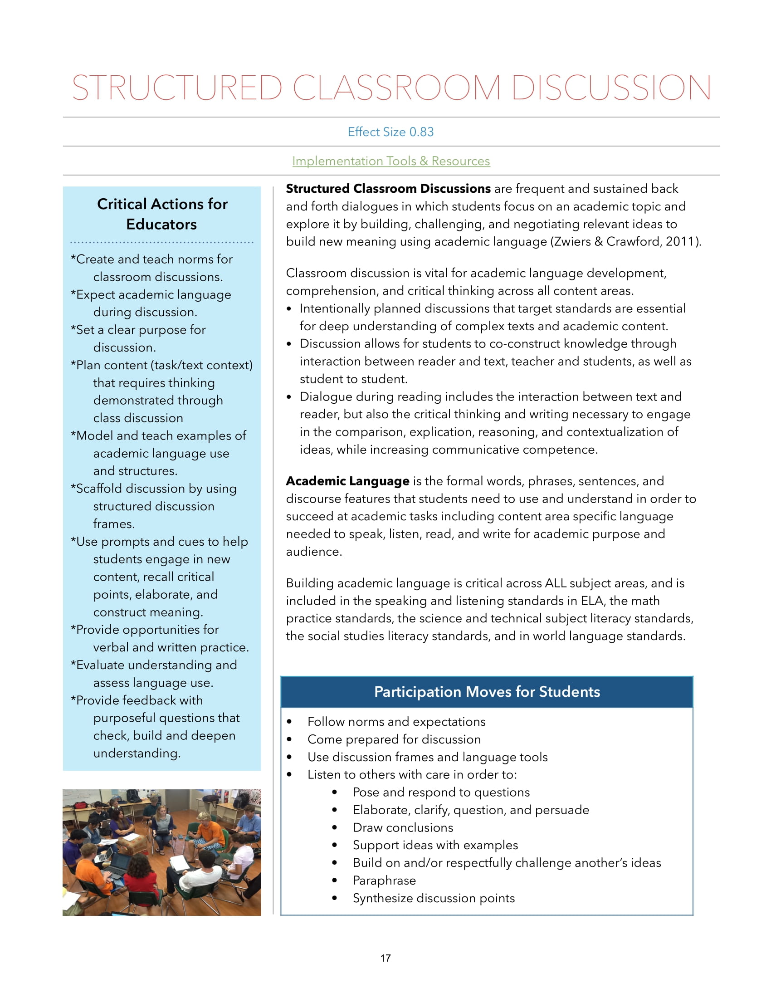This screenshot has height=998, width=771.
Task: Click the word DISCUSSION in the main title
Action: point(611,88)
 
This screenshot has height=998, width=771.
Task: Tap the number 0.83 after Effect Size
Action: point(421,132)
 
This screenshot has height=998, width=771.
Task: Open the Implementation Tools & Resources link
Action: point(391,161)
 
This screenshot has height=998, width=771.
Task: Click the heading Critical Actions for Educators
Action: point(162,214)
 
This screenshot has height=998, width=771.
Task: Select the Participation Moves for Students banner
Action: point(487,692)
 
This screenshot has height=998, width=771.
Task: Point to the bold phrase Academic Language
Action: point(347,481)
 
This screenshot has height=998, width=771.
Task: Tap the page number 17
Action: point(385,958)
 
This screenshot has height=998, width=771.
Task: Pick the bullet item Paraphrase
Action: point(384,881)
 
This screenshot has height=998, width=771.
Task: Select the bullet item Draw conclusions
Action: point(403,827)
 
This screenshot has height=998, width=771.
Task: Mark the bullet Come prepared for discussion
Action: point(394,739)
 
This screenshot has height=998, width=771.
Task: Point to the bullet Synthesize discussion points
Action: point(434,898)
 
